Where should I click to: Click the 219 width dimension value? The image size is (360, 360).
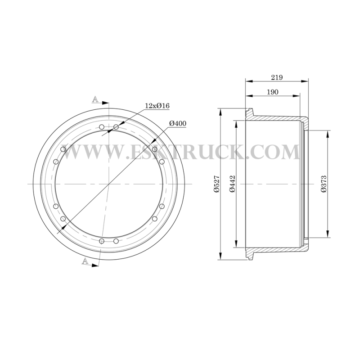click(x=277, y=77)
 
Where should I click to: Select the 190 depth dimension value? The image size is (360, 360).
click(x=273, y=92)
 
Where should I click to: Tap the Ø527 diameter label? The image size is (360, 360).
click(x=217, y=184)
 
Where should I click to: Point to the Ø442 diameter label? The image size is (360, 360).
click(x=232, y=184)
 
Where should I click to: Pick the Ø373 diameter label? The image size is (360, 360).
click(x=324, y=184)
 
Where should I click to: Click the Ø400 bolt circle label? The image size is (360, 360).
click(x=178, y=123)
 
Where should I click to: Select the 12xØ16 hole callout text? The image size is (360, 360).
click(x=157, y=106)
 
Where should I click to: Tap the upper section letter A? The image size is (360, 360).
click(x=95, y=99)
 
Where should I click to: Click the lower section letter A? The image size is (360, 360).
click(x=85, y=261)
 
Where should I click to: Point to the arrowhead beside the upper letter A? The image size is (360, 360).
click(x=105, y=103)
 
